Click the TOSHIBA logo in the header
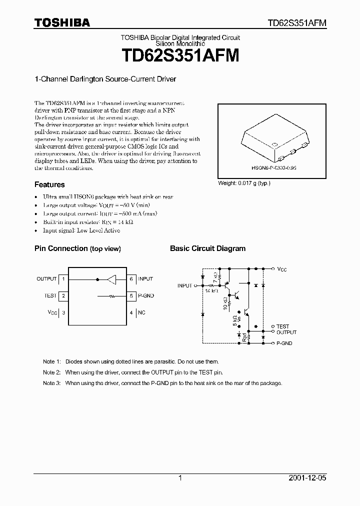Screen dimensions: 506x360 coord(62,22)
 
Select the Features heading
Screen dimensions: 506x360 coord(49,184)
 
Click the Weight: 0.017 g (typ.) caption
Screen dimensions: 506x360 coord(244,183)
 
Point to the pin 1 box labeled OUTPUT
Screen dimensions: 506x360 coord(63,279)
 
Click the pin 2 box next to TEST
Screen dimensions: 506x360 coord(63,296)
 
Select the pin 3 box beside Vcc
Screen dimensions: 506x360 coord(63,313)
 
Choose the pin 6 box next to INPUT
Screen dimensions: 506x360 coord(131,279)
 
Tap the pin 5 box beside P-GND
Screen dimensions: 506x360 coord(131,296)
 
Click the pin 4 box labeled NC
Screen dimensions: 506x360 coord(131,313)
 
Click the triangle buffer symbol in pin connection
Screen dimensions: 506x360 coord(112,279)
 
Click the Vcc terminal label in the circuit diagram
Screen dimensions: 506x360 coord(282,269)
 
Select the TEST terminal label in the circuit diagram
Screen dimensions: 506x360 coord(283,326)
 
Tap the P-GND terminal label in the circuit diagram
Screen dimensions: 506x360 coord(284,343)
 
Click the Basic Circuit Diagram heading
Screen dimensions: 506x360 coord(207,248)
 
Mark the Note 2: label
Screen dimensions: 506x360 coord(51,372)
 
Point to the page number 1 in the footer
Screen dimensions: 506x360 coord(180,478)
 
